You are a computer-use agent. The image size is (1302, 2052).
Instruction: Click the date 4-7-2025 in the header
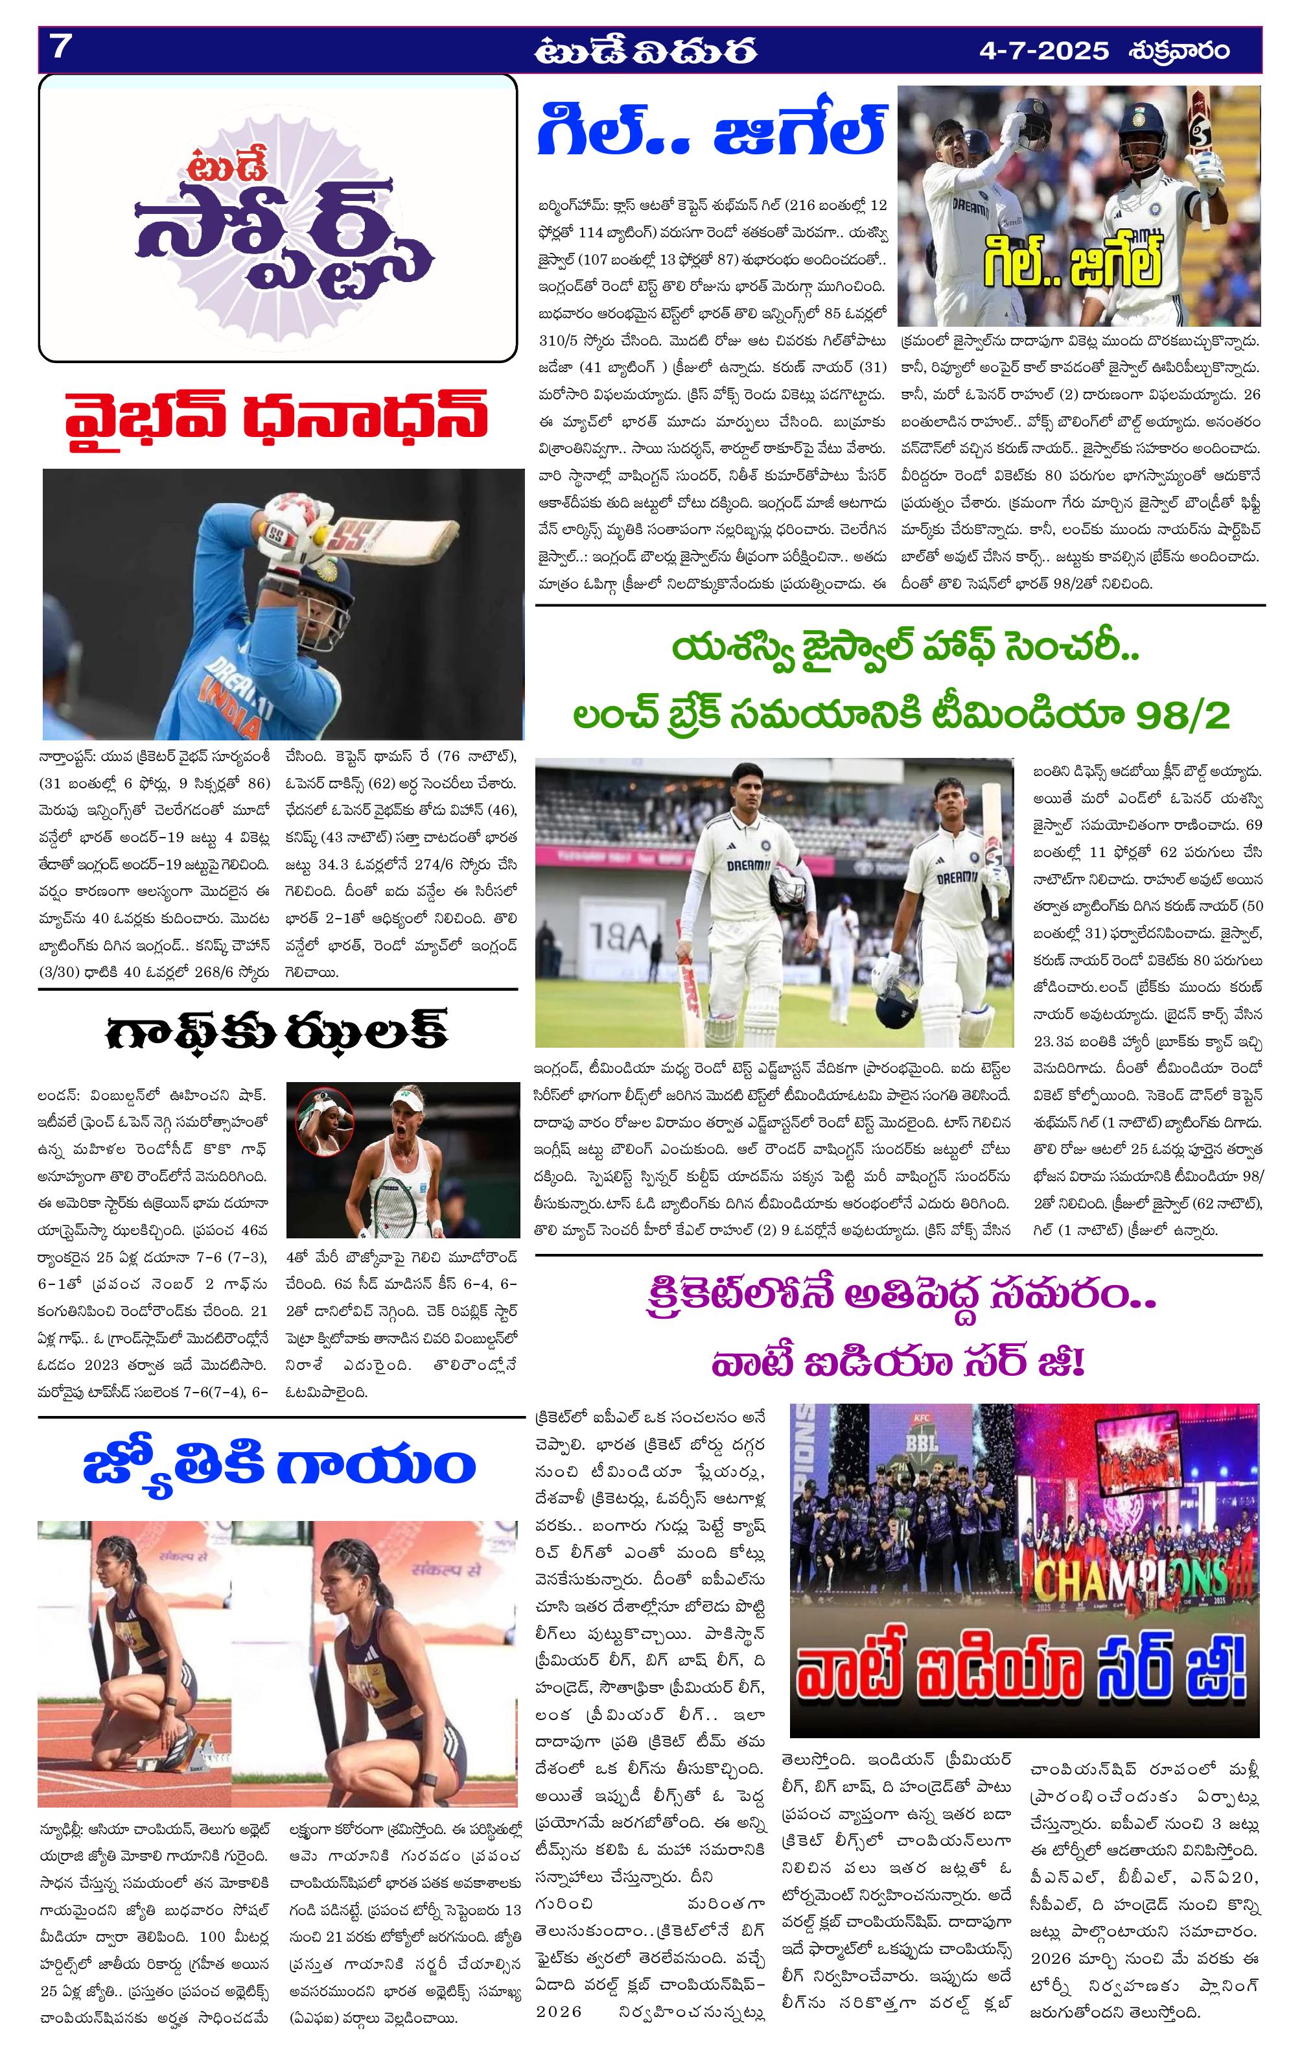tap(1044, 51)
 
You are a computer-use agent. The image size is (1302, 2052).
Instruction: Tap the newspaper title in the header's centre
tap(646, 52)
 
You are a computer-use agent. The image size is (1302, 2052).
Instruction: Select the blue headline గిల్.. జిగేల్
tap(712, 131)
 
